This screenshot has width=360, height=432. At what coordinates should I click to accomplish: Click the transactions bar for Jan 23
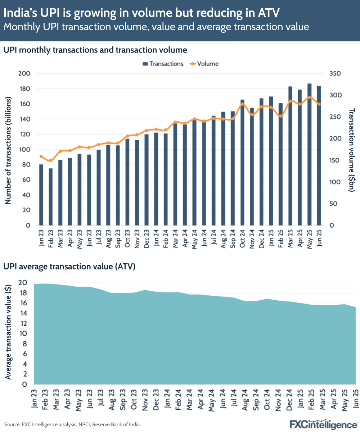41,195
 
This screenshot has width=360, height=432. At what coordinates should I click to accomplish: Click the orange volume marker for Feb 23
51,160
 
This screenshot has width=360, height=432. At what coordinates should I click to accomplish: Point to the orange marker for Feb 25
281,116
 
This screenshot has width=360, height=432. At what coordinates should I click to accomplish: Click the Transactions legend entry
163,64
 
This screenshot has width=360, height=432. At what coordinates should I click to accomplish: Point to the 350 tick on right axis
334,74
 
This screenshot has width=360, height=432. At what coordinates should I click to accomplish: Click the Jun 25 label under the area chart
356,398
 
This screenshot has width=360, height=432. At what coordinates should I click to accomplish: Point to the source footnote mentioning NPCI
72,425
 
